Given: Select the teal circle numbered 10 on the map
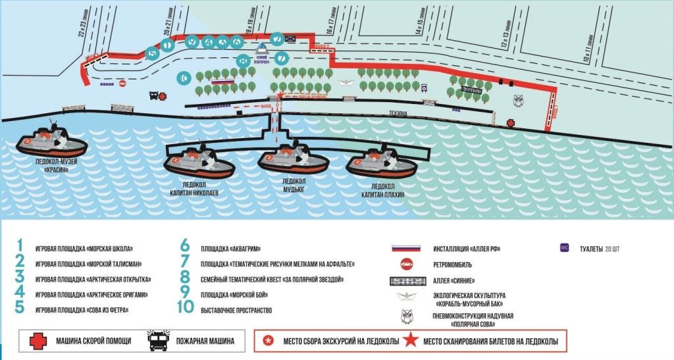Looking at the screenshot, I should (184, 78).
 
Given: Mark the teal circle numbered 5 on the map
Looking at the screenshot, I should (153, 53).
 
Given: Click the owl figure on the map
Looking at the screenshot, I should (518, 101).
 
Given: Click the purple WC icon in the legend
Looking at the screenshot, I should (563, 248).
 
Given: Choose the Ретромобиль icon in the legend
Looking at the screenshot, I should (405, 264).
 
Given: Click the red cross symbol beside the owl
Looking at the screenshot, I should (510, 123).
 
